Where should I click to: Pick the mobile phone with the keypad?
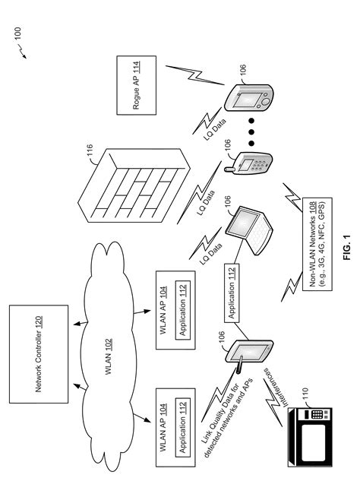coord(251,164)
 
